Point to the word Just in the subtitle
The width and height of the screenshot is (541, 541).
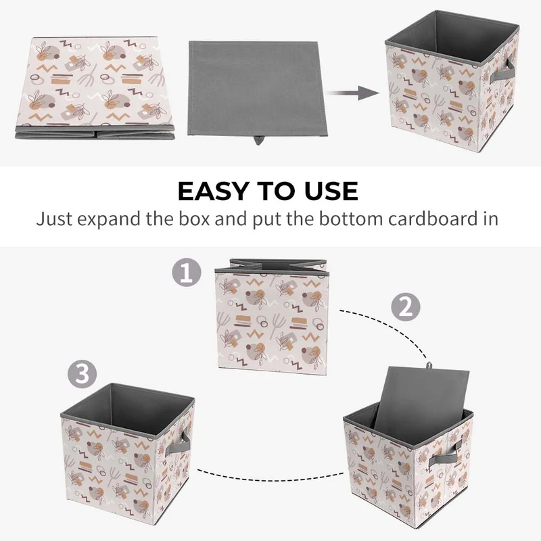point(54,218)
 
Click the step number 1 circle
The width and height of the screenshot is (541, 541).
point(187,273)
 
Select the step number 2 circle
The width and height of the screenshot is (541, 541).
point(405,307)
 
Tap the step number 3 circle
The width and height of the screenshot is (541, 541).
point(82,374)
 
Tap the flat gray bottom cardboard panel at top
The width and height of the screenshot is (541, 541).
point(257,89)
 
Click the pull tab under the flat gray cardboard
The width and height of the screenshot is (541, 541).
point(258,140)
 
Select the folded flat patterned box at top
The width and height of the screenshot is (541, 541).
point(95,88)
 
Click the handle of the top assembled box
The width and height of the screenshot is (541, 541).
point(502,72)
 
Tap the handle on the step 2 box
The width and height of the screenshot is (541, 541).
point(445,454)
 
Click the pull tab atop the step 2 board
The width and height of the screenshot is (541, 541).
point(429,365)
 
